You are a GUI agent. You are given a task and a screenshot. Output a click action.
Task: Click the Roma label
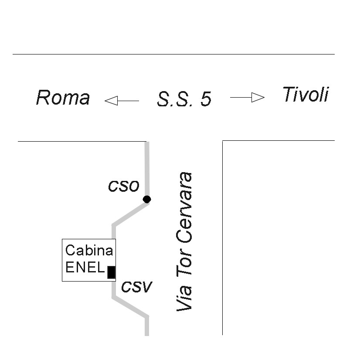pos(63,98)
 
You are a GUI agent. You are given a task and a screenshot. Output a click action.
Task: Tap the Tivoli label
pos(305,95)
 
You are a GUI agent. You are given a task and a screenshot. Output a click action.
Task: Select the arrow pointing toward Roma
pos(122,101)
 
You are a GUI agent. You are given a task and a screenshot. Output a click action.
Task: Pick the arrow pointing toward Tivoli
pos(247,97)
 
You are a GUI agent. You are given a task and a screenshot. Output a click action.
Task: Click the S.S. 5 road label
pos(184,99)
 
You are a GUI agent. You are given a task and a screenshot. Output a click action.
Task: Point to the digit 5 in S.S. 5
pos(206,100)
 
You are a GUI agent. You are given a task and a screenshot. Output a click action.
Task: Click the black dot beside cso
pos(147,199)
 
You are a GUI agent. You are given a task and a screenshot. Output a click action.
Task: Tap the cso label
pos(124,186)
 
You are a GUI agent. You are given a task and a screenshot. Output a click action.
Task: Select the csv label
pos(136,286)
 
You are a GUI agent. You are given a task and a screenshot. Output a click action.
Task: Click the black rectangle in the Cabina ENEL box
pos(111,272)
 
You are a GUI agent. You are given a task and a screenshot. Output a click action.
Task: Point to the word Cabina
pos(89,251)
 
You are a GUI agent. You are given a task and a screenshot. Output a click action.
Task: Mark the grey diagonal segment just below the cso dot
pos(130,214)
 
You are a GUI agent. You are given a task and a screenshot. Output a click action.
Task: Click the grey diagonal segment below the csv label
pos(130,307)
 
